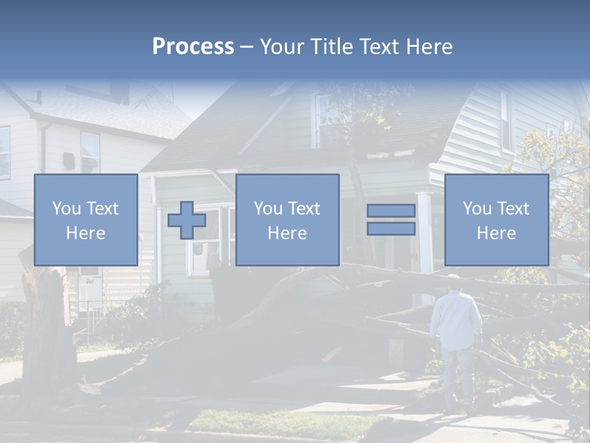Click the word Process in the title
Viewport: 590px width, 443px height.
coord(193,47)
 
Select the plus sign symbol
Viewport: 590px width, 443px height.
coord(187,220)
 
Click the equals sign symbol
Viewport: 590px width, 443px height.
coord(391,220)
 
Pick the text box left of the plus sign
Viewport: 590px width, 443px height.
coord(85,220)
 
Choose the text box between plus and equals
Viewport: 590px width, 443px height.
coord(287,220)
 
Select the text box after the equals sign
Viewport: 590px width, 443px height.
coord(496,220)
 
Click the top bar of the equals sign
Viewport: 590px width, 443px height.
coord(391,211)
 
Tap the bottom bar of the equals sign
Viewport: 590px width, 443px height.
coord(391,228)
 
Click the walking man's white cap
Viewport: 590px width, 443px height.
coord(454,277)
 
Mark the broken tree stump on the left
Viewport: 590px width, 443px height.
coord(43,326)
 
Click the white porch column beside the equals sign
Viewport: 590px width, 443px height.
coord(425,234)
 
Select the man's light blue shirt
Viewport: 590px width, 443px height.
coord(456,320)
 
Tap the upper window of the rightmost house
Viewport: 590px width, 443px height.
coord(506,120)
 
